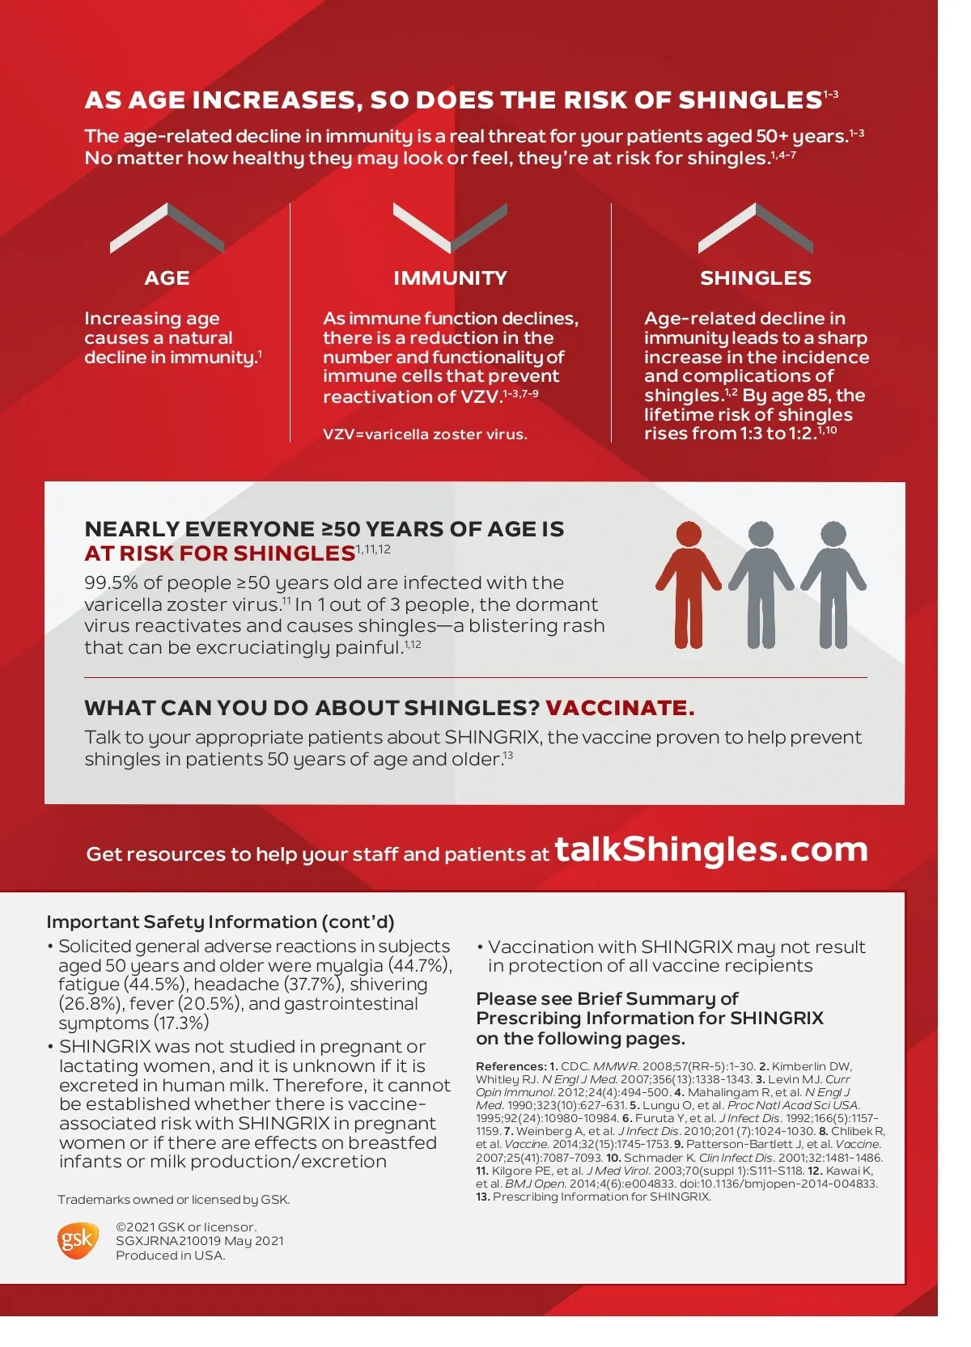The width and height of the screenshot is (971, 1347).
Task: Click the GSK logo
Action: [x=77, y=1240]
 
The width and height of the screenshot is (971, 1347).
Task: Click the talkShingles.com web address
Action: [x=710, y=849]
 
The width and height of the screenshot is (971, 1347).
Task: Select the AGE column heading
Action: [x=167, y=278]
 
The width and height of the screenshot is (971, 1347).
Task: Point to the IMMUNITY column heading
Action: [x=450, y=278]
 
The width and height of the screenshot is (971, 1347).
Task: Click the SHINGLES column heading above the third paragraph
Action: [x=755, y=278]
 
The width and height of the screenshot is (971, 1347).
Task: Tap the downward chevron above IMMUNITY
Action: [x=450, y=227]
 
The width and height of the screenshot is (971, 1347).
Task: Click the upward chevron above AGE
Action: [x=167, y=227]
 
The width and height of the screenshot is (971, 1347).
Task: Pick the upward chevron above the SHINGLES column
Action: [x=755, y=227]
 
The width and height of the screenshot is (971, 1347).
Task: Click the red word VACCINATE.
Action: [x=620, y=708]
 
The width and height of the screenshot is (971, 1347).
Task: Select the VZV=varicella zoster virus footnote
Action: [x=425, y=434]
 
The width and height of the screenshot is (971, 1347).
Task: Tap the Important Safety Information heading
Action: [x=220, y=922]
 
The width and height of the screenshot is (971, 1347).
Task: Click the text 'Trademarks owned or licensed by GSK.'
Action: [x=173, y=1200]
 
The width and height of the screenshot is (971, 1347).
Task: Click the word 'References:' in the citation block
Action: [x=511, y=1066]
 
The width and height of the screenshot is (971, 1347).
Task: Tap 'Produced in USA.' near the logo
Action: [x=170, y=1256]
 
